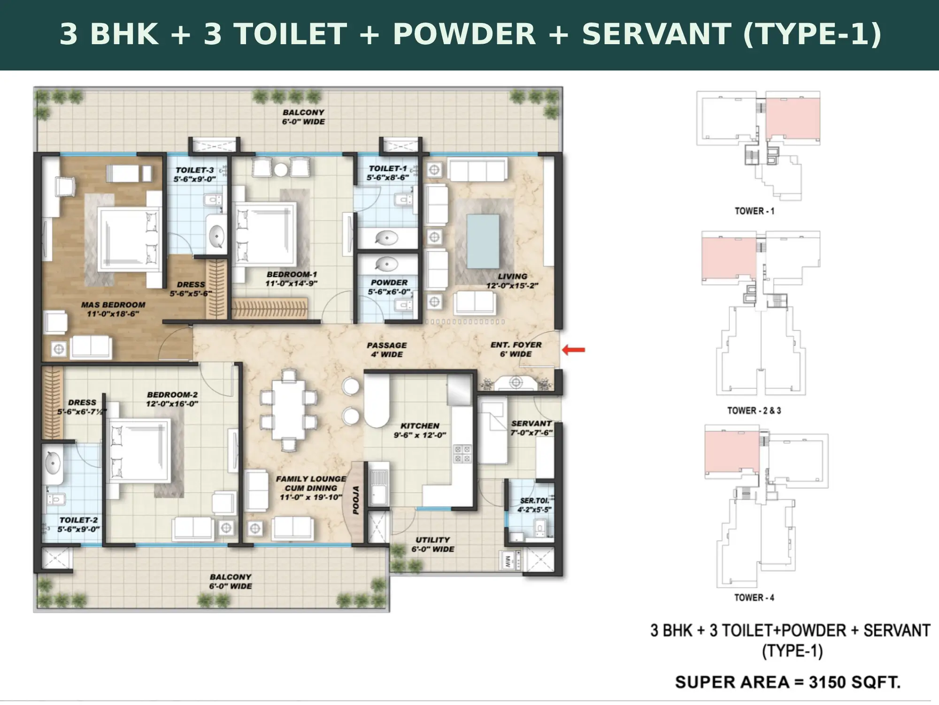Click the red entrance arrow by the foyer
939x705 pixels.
point(574,349)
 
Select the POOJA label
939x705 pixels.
point(356,500)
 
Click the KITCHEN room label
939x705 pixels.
point(420,425)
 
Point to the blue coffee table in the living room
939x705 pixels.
point(483,242)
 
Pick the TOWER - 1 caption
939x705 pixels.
point(754,211)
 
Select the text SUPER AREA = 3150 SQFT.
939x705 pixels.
point(788,682)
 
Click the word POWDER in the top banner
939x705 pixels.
point(464,34)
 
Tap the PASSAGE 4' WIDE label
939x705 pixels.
point(387,350)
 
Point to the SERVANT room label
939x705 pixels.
point(531,423)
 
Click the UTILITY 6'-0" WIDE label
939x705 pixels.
point(432,544)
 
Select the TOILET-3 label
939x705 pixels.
point(194,170)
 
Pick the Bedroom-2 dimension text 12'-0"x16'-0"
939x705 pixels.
point(172,404)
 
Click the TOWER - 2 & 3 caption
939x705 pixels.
point(754,410)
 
